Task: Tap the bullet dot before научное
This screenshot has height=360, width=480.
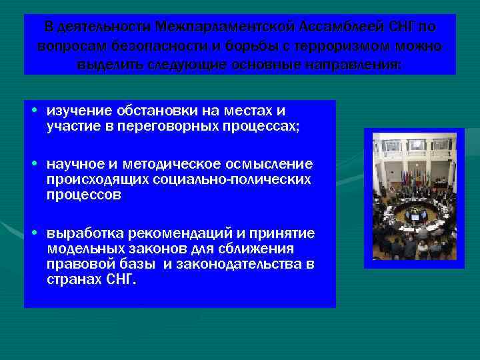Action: pos(35,164)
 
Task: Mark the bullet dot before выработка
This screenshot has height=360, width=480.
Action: pos(35,232)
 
